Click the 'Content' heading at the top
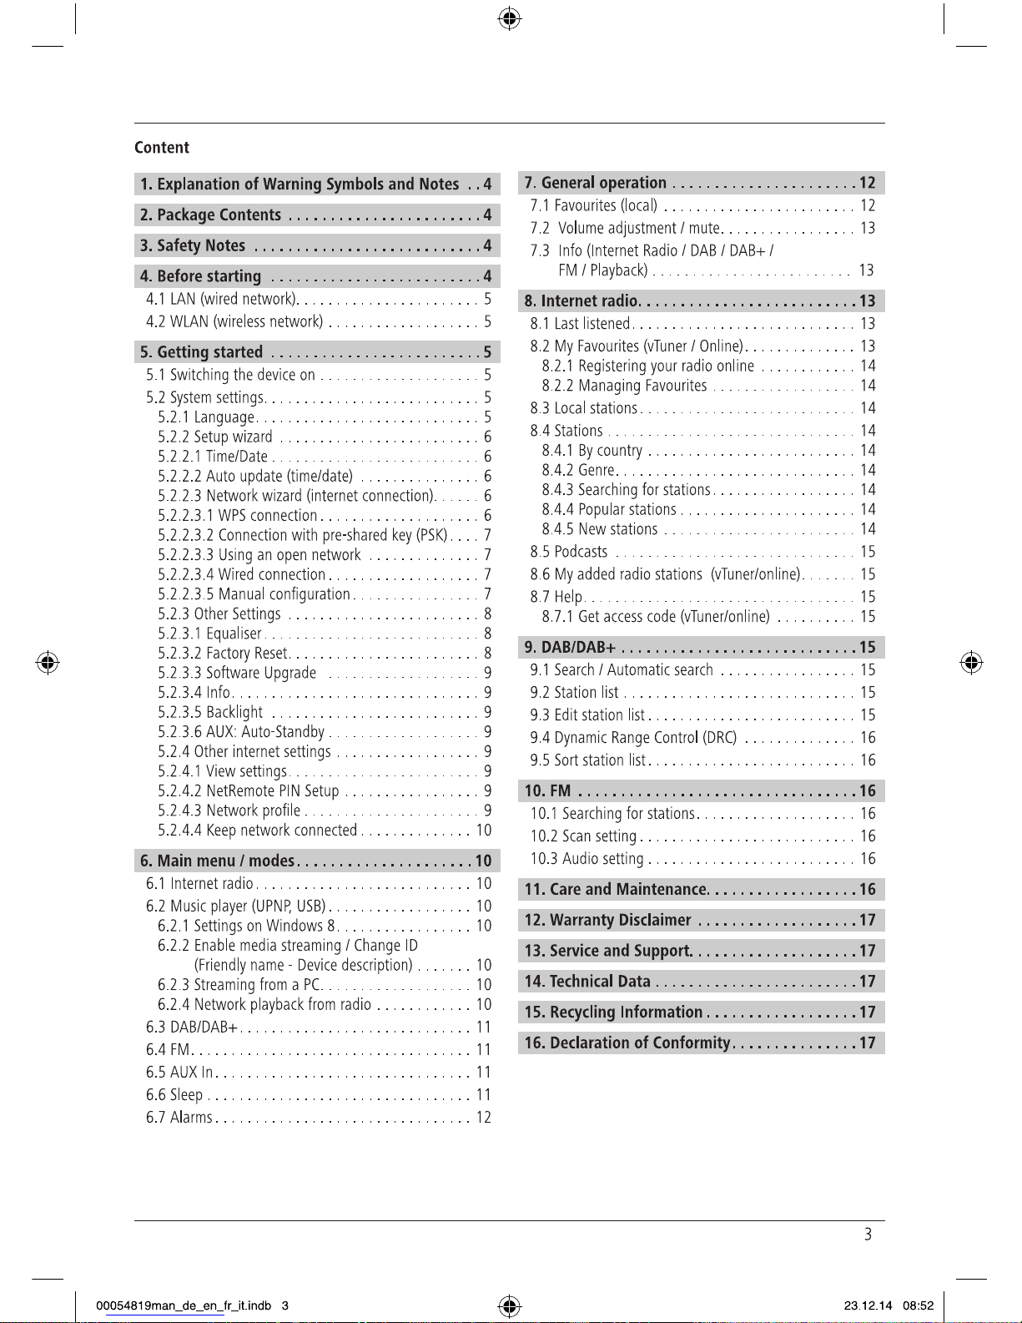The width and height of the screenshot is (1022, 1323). (x=162, y=148)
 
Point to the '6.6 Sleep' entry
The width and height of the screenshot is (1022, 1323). (x=174, y=1095)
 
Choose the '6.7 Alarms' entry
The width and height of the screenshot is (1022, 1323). (x=179, y=1118)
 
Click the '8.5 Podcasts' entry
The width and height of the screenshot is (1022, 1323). (x=569, y=552)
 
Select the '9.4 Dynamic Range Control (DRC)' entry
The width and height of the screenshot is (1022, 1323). (x=633, y=738)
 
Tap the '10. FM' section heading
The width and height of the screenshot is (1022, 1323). (x=547, y=791)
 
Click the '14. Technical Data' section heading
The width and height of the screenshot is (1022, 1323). (x=587, y=982)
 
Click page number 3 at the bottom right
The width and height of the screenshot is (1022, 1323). (x=868, y=1235)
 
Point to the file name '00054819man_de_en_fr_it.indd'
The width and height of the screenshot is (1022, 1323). (x=184, y=1306)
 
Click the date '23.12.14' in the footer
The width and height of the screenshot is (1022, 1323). (x=868, y=1306)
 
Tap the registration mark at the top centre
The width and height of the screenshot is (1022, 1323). (x=510, y=18)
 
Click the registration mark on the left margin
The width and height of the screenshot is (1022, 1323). (x=48, y=664)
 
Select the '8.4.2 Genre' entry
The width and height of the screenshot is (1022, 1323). (x=578, y=471)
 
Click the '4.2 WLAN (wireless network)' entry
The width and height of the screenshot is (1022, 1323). (x=234, y=322)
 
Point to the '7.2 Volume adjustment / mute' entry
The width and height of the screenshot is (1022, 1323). (x=625, y=229)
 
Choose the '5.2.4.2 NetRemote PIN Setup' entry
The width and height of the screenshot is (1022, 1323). (x=248, y=791)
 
